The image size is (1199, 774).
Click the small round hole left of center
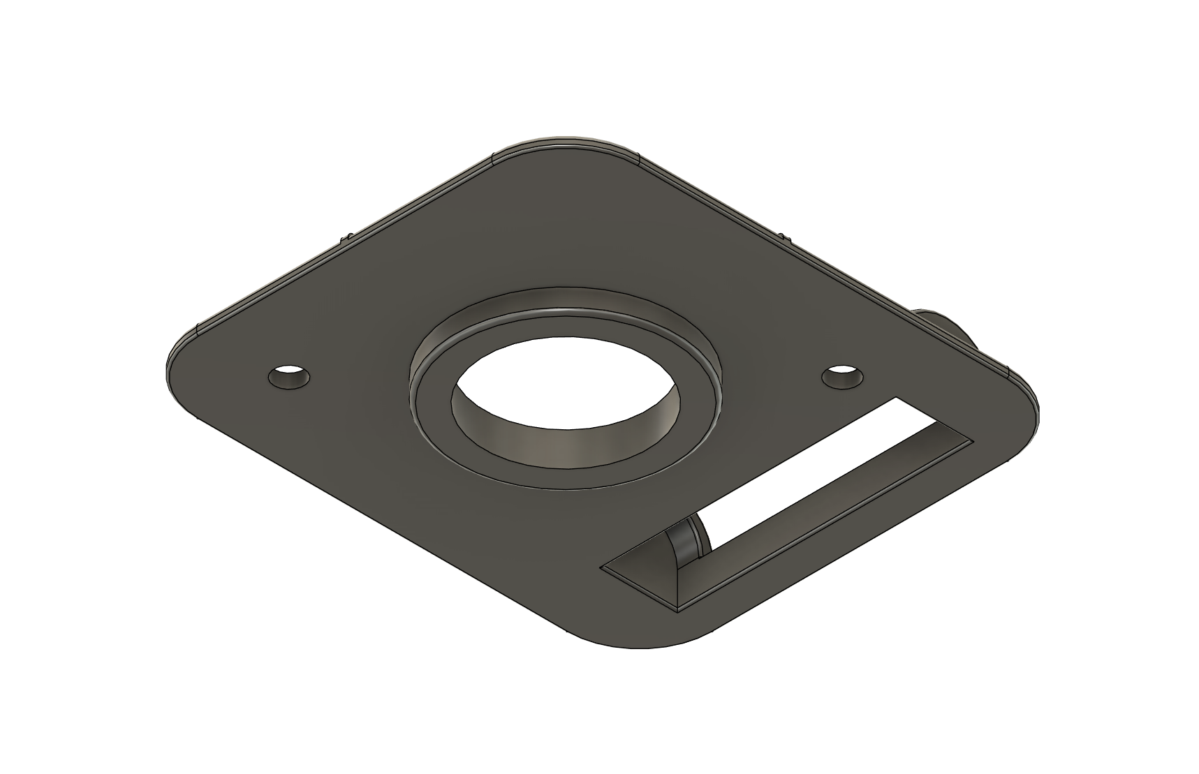[x=289, y=378]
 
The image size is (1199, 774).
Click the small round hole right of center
[x=841, y=377]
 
